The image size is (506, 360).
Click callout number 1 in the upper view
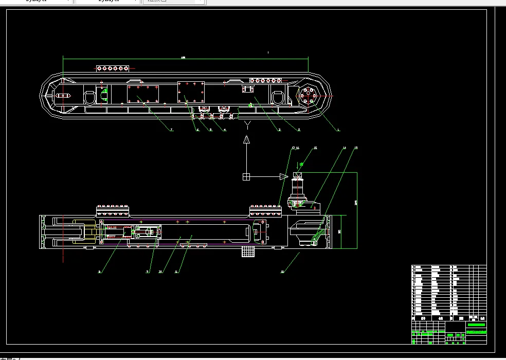pyautogui.click(x=338, y=130)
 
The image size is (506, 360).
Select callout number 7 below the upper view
pyautogui.click(x=172, y=130)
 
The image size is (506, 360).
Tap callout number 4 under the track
pyautogui.click(x=225, y=130)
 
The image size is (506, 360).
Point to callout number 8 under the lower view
pyautogui.click(x=100, y=272)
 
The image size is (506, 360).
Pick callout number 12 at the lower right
pyautogui.click(x=282, y=271)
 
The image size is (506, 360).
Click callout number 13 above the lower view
pyautogui.click(x=356, y=148)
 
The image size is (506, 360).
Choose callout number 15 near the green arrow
pyautogui.click(x=315, y=148)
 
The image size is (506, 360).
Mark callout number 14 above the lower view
pyautogui.click(x=345, y=148)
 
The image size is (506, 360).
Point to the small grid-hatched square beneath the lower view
pyautogui.click(x=248, y=251)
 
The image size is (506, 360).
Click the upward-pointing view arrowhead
pyautogui.click(x=246, y=139)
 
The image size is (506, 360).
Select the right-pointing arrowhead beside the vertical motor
pyautogui.click(x=283, y=177)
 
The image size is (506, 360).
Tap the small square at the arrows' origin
pyautogui.click(x=246, y=177)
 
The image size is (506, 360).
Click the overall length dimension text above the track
pyautogui.click(x=184, y=57)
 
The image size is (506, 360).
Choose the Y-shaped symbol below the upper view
pyautogui.click(x=247, y=124)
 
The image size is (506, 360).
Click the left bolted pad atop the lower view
pyautogui.click(x=113, y=210)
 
